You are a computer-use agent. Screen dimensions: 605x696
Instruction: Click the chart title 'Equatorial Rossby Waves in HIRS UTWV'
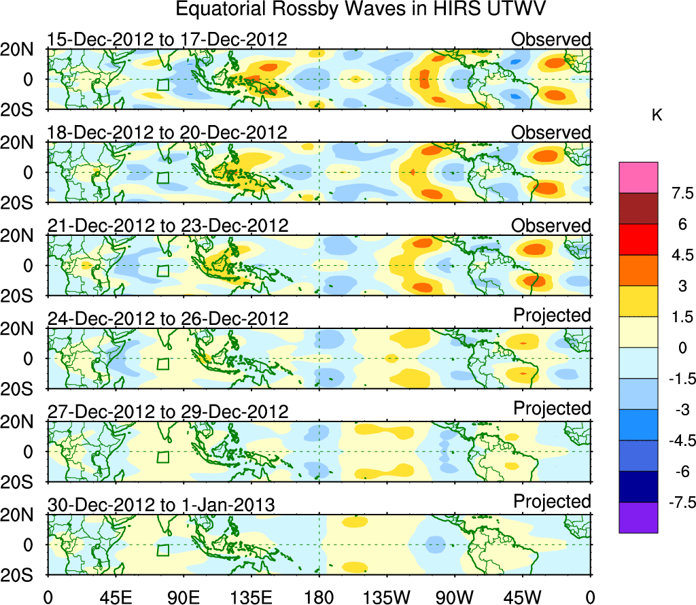(x=361, y=10)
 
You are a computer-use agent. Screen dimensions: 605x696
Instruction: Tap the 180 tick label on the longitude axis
(x=319, y=597)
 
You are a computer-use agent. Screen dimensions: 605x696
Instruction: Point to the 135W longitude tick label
(x=387, y=597)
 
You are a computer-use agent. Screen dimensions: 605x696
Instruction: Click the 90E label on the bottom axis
(x=183, y=597)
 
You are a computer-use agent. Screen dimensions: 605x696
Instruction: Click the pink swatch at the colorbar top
(x=638, y=177)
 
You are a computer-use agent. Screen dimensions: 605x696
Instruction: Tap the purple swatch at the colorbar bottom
(x=638, y=517)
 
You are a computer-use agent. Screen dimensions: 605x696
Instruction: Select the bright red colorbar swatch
(x=638, y=239)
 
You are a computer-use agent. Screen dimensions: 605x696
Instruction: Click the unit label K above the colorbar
(x=657, y=116)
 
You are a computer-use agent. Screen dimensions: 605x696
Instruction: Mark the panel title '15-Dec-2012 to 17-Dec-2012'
(x=167, y=39)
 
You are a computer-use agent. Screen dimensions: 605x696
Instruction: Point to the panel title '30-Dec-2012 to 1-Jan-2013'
(x=161, y=504)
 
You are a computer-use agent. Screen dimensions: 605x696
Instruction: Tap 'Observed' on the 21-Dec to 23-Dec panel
(x=551, y=225)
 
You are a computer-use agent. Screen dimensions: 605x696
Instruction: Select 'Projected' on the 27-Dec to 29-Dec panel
(x=552, y=409)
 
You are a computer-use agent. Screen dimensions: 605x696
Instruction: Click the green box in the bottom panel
(x=162, y=550)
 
